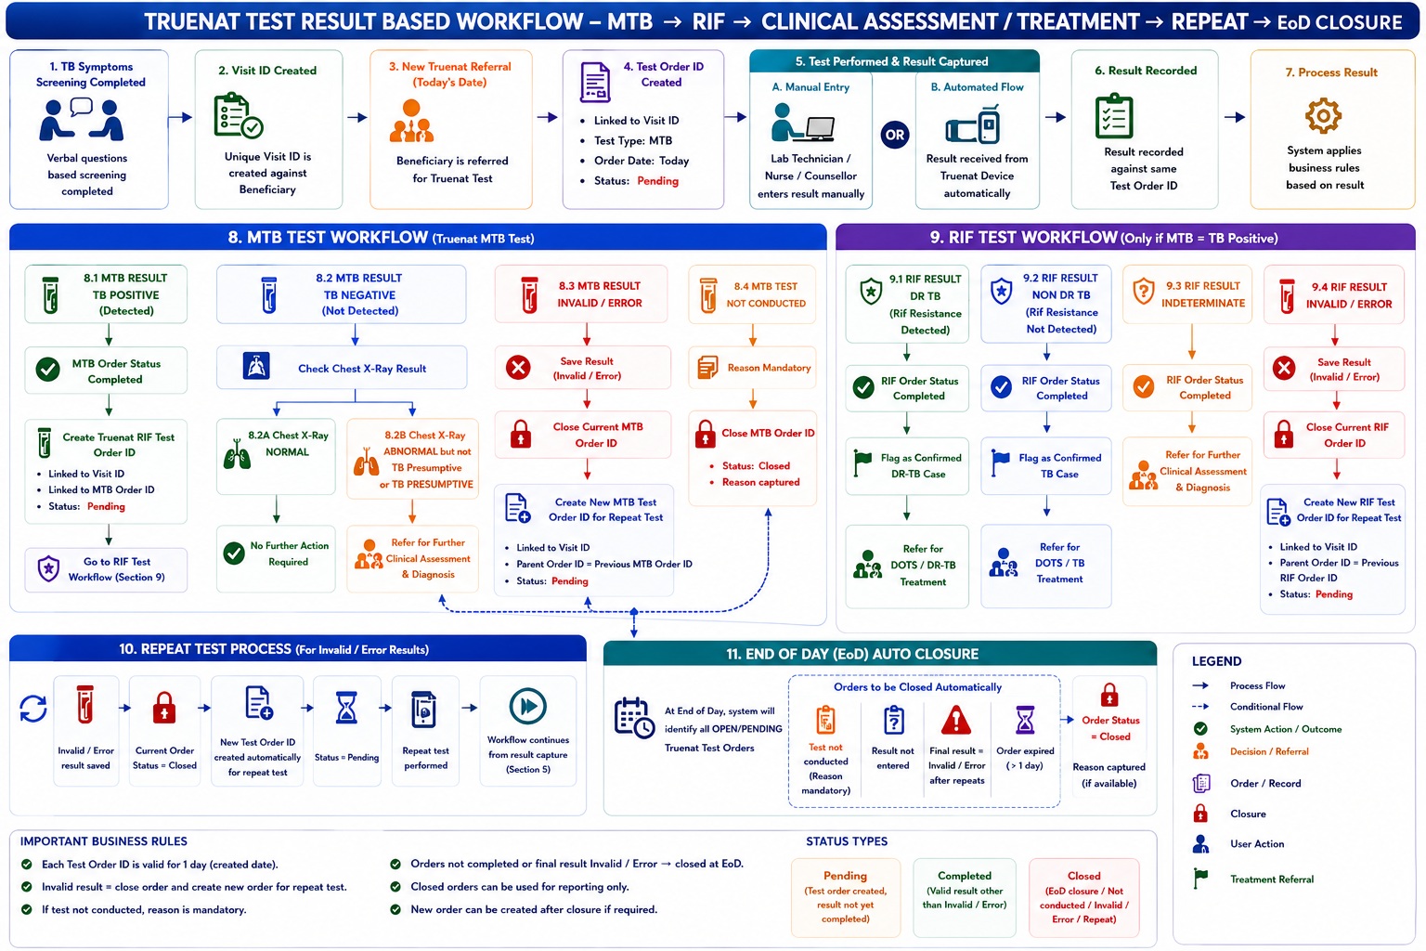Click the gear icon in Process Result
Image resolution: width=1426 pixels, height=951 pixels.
tap(1323, 115)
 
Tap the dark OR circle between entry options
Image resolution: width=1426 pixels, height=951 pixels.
tap(894, 135)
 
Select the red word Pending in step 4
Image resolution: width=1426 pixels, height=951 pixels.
tap(657, 181)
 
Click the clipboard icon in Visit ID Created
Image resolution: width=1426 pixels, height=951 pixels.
tap(238, 115)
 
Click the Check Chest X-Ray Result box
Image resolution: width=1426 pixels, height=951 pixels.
tap(342, 368)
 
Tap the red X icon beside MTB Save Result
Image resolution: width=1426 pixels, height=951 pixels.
tap(518, 368)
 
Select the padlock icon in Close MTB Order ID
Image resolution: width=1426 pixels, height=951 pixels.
tap(705, 434)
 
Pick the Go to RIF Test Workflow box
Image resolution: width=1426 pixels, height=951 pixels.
tap(107, 569)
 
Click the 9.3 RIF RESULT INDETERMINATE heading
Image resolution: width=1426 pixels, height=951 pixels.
tap(1202, 294)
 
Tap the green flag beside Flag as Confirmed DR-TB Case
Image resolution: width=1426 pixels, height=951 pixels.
tap(862, 462)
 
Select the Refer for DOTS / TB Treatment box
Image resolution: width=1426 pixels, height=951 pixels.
tap(1046, 565)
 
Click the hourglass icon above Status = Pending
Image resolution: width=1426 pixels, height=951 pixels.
tap(346, 708)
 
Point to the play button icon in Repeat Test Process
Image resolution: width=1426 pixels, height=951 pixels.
tap(527, 706)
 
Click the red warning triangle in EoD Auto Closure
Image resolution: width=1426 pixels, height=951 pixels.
tap(956, 721)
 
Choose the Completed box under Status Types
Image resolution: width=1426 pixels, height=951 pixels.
tap(965, 897)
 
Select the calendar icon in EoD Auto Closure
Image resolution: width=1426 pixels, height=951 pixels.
tap(633, 718)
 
